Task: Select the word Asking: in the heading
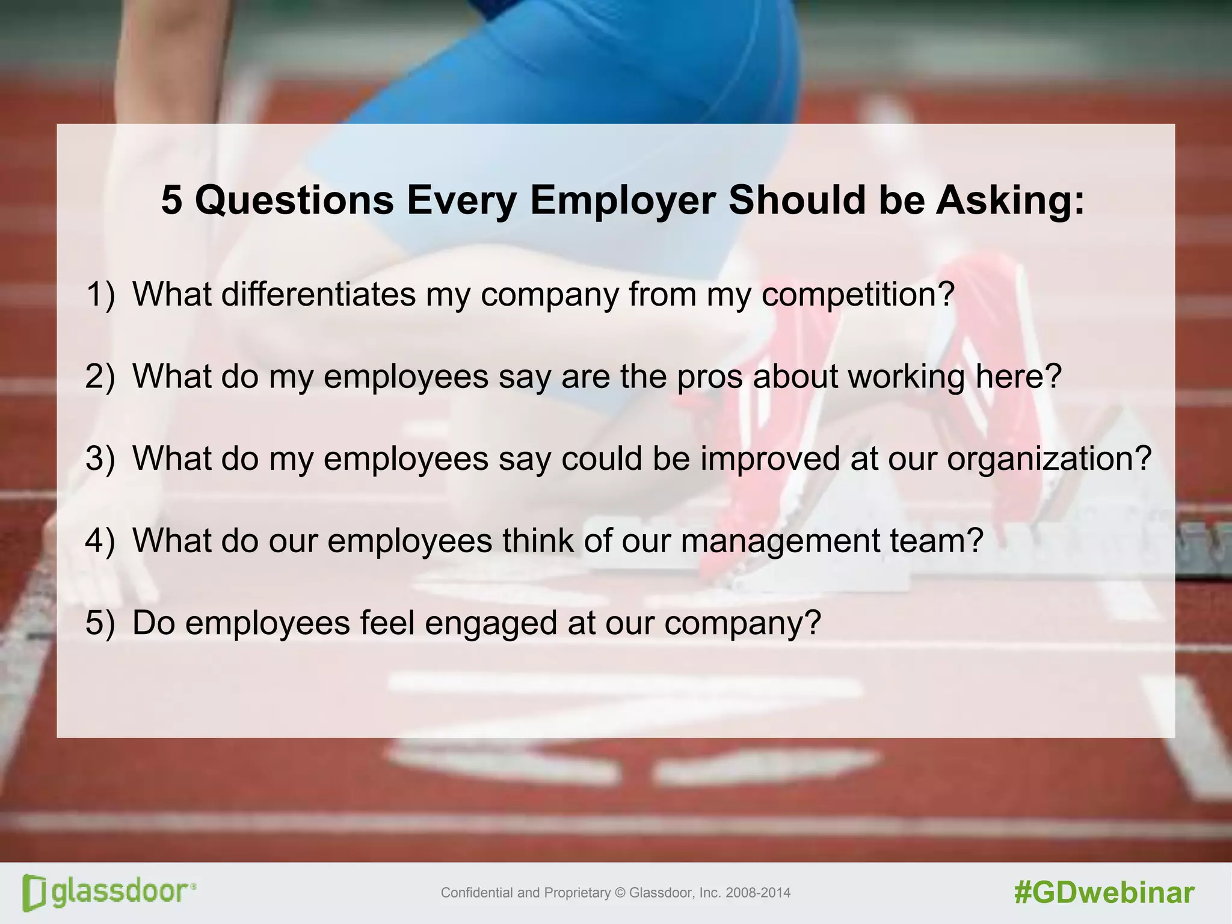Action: [x=1010, y=201]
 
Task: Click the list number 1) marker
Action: [x=100, y=295]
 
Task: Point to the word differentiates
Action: [x=318, y=294]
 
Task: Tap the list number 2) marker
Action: [x=100, y=377]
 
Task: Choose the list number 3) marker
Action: [x=100, y=458]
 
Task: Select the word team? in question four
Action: [x=936, y=540]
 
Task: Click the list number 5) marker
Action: [x=100, y=623]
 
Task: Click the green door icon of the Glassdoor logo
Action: [x=34, y=893]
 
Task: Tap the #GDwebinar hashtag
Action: [x=1104, y=893]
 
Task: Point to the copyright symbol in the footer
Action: [x=620, y=893]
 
